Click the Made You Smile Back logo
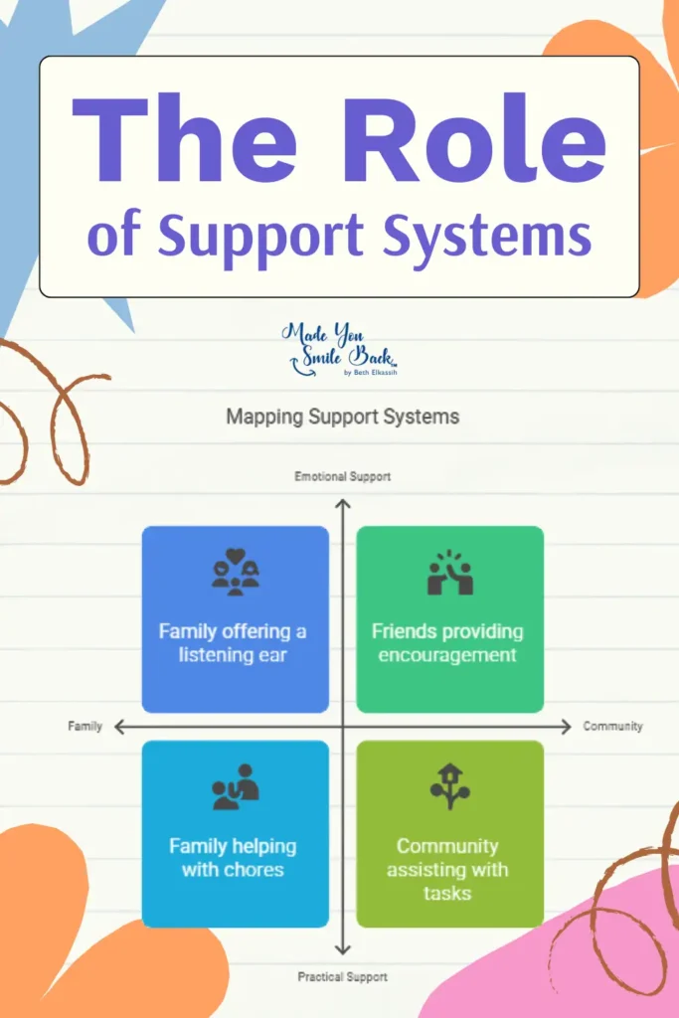point(340,348)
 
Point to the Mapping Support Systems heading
point(342,417)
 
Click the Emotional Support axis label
point(342,477)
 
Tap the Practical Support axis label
point(342,977)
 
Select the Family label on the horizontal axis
point(85,727)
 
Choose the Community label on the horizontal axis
point(612,727)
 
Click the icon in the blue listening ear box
point(235,573)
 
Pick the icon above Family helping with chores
point(235,787)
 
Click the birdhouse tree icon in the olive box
point(449,785)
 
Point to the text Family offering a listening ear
point(233,643)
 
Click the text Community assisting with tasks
point(447,869)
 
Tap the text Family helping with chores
point(233,858)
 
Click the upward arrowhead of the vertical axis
point(342,503)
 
